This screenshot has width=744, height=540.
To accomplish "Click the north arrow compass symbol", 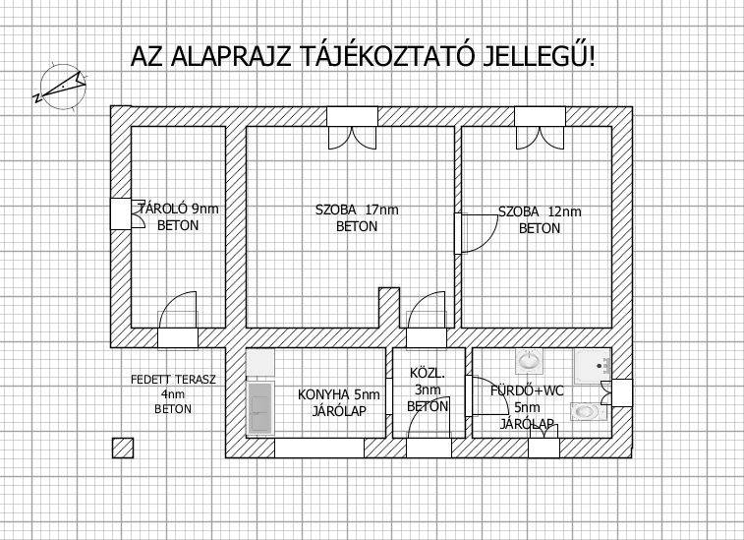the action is tap(61, 88).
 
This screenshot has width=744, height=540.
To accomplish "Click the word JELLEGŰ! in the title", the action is tap(538, 56).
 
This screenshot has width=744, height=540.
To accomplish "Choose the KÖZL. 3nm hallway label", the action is tap(428, 390).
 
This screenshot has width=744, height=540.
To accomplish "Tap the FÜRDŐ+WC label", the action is tap(527, 391).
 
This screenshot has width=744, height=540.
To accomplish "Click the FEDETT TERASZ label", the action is tap(173, 380).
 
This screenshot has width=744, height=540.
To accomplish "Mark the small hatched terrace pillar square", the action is tap(123, 448).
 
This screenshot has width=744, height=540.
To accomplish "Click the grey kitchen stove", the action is tap(260, 408).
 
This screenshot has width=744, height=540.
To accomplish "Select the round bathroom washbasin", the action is tap(529, 362).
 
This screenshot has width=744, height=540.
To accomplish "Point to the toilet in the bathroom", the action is tap(589, 412).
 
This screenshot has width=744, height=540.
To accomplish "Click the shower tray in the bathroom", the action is tap(593, 367).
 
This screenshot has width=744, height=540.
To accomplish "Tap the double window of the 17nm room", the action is tap(352, 128).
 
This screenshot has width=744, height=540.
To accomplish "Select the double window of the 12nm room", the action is tap(540, 128).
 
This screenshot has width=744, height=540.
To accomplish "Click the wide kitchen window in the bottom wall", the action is tap(319, 448).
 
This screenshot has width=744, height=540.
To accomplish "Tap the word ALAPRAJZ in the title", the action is tap(231, 56).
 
